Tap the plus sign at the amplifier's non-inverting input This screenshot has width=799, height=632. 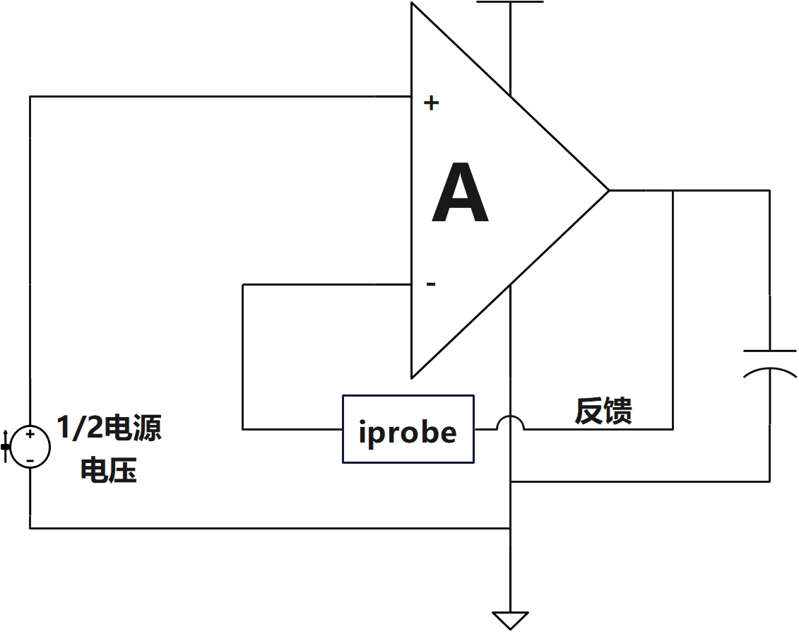pyautogui.click(x=431, y=103)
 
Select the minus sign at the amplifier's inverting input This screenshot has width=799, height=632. pyautogui.click(x=431, y=284)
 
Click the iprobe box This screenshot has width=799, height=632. pyautogui.click(x=408, y=429)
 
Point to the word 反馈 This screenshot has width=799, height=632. pyautogui.click(x=603, y=411)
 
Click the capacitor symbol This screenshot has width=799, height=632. pyautogui.click(x=769, y=361)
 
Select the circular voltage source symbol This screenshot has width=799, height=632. pyautogui.click(x=30, y=447)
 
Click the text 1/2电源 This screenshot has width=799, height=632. pyautogui.click(x=109, y=428)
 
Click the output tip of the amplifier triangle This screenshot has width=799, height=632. pyautogui.click(x=608, y=190)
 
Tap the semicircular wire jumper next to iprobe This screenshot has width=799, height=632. pyautogui.click(x=510, y=422)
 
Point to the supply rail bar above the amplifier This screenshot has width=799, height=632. pyautogui.click(x=510, y=2)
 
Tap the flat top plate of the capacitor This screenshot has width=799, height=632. pyautogui.click(x=769, y=350)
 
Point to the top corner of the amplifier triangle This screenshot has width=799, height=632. pyautogui.click(x=412, y=4)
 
